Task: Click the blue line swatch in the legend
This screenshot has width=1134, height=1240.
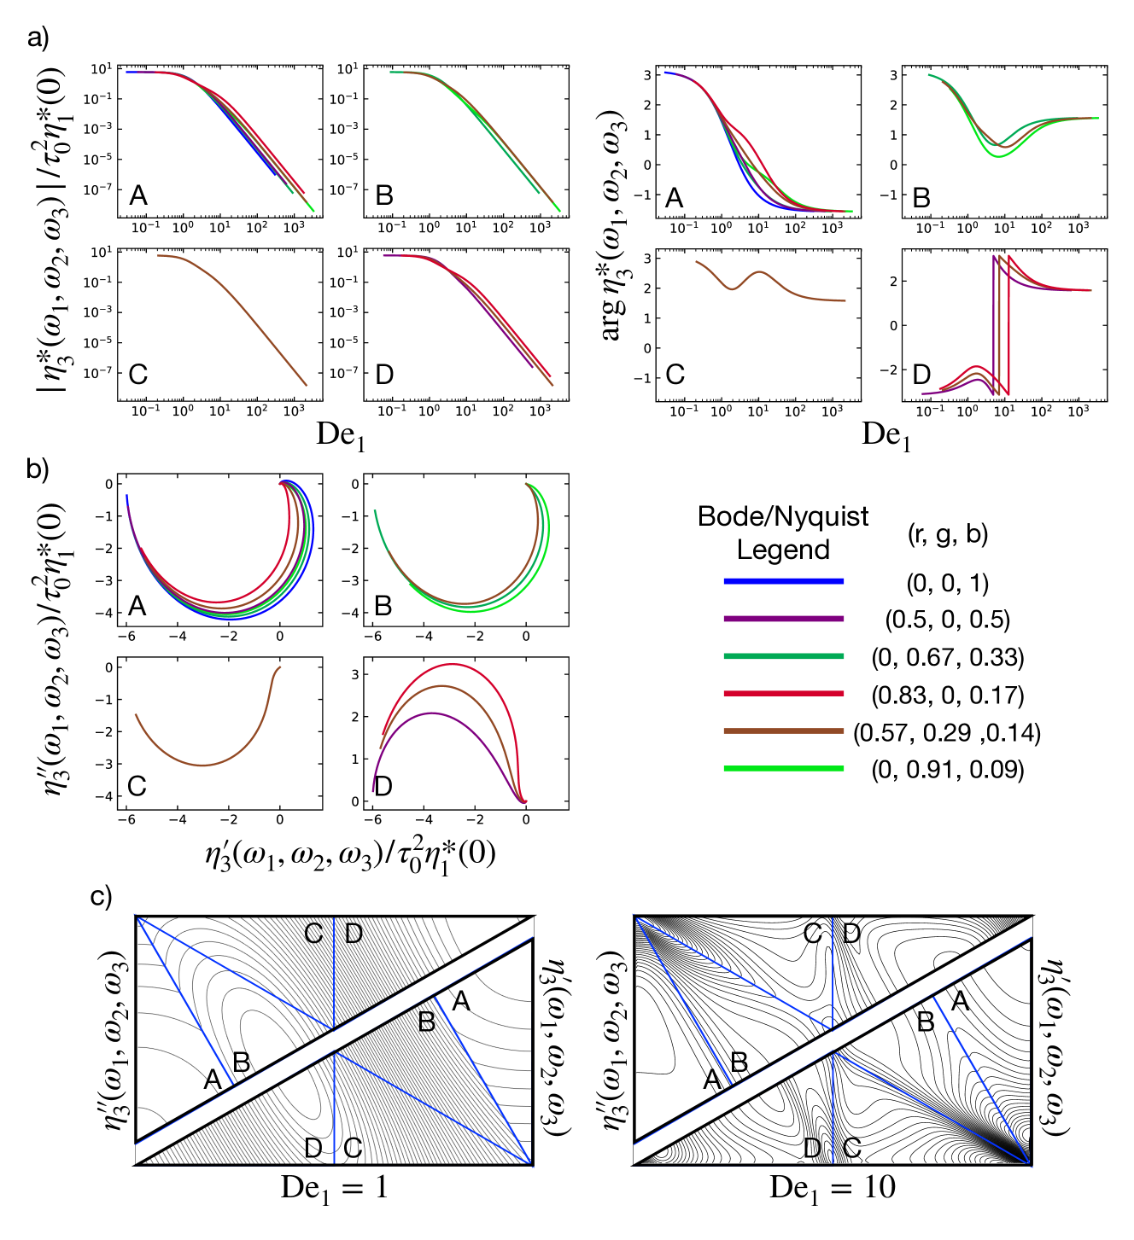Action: coord(783,581)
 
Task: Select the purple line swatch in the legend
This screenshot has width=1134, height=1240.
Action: coord(783,619)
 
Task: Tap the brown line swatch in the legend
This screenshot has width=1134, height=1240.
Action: coord(783,731)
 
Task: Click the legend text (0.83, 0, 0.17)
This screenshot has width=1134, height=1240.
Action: coord(947,695)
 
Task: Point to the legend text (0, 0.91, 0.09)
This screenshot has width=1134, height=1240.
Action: coord(947,769)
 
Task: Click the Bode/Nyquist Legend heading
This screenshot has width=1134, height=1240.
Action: coord(783,533)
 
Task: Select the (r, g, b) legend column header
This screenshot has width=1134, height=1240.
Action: coord(947,534)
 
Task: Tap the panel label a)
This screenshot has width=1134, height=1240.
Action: coord(38,38)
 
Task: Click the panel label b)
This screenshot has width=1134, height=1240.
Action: coord(38,469)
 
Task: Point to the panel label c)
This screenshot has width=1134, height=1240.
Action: coord(101,897)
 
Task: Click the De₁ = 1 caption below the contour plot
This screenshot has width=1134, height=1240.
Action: coord(334,1188)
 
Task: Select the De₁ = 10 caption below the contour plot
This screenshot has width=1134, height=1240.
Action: coord(832,1188)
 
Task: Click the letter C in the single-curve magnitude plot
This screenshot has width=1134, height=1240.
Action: coord(138,374)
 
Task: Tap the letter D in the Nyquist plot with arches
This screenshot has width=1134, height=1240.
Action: coord(383,786)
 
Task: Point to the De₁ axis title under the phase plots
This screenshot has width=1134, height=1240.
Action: coord(886,435)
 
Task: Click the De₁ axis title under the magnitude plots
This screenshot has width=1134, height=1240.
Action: coord(341,435)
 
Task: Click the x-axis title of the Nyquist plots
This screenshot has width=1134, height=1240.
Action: coord(350,854)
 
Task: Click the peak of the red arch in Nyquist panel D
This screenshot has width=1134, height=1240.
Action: coord(453,664)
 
